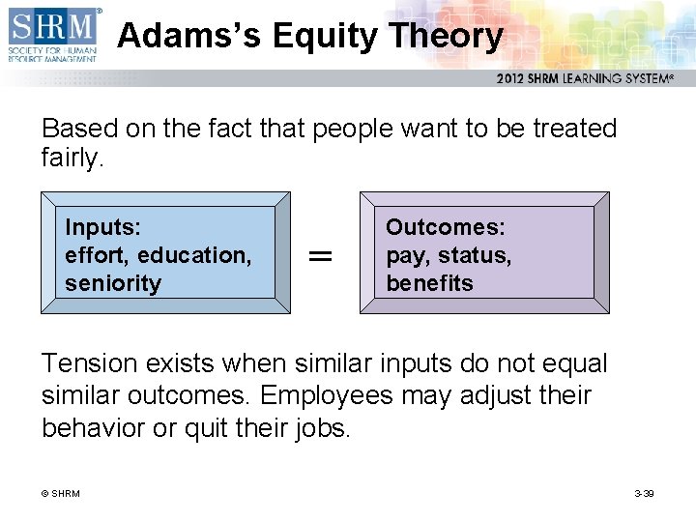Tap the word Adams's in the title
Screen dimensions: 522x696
click(x=189, y=36)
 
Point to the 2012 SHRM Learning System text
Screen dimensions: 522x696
click(x=584, y=78)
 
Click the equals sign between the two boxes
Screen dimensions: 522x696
click(x=319, y=255)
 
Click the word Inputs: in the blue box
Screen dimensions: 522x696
click(x=102, y=227)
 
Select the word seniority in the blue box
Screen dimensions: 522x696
click(x=112, y=283)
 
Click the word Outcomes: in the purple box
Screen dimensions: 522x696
click(x=445, y=227)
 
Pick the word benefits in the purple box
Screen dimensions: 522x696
click(x=429, y=283)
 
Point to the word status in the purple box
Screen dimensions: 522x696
click(x=475, y=255)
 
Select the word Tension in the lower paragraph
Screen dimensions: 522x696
click(x=88, y=363)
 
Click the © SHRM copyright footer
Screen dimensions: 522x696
click(x=60, y=494)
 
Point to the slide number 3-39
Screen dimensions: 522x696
click(x=644, y=494)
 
